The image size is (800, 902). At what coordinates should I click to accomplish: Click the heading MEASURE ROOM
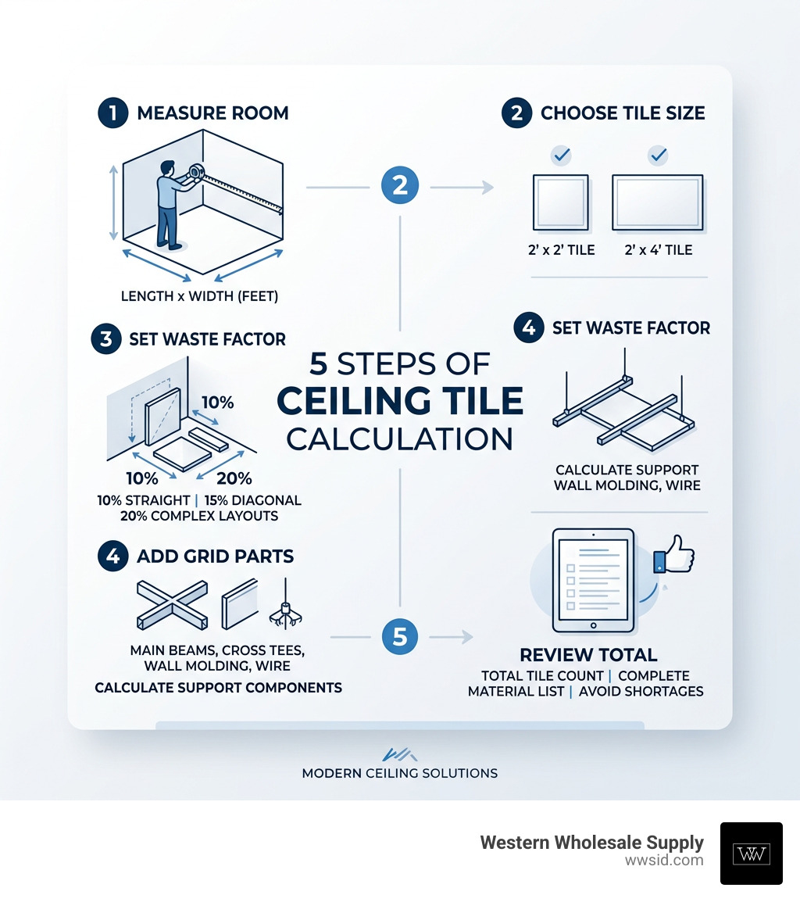(212, 113)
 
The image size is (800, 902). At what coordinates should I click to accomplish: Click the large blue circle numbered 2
(400, 186)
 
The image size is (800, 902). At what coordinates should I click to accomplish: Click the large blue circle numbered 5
(400, 637)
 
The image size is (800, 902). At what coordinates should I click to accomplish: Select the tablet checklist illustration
(591, 580)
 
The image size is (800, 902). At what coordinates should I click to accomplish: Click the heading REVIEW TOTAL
(588, 654)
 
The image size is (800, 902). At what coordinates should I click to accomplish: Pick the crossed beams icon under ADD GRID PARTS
(171, 603)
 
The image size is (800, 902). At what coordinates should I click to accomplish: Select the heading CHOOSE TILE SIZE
(623, 113)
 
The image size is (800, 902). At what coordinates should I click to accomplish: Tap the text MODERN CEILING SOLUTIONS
(399, 773)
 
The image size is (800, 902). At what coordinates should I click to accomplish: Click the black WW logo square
(751, 853)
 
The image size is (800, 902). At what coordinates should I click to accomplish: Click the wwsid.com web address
(664, 861)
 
